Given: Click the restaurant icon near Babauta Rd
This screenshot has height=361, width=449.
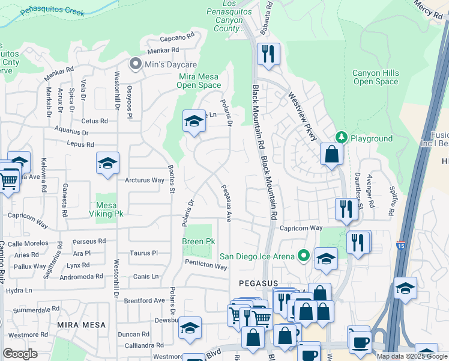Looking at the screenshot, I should tap(267, 54).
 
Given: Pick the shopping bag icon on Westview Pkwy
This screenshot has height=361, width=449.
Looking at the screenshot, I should tap(331, 154).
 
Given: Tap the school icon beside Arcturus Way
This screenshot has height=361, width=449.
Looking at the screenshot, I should tap(107, 164).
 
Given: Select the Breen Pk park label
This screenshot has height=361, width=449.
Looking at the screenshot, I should tap(199, 241).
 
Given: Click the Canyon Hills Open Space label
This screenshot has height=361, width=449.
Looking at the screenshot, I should tap(375, 77).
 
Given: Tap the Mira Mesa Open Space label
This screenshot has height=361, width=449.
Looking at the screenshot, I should tap(199, 81).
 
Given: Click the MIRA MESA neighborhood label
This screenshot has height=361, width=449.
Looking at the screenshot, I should tap(82, 325).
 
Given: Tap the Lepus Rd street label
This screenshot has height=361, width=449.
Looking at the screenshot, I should tap(81, 144).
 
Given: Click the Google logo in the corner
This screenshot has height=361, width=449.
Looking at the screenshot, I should tap(20, 353).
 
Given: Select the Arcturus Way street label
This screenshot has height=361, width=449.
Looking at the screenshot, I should tap(145, 180).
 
